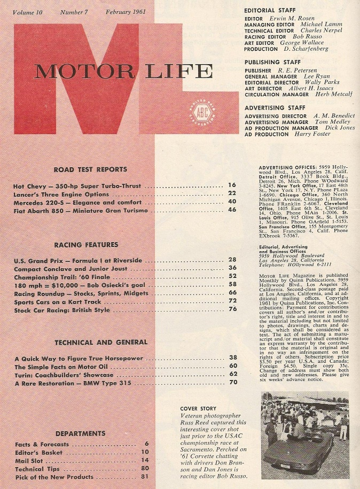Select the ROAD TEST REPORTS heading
pos(90,169)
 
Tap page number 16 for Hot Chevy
pos(232,186)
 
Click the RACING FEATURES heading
pos(86,245)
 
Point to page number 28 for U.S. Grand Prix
pos(232,260)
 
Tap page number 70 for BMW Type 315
pos(232,383)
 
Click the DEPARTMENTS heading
pos(80,433)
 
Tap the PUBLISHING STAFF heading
pos(271,62)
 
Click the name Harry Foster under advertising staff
pos(314,134)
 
